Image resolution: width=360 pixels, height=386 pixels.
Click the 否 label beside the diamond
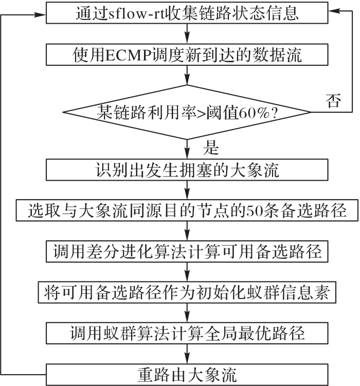333,100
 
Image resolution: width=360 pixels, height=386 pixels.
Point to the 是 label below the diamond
211,148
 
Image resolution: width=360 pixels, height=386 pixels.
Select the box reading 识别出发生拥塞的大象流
187,170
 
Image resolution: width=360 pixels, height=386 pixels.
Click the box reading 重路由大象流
187,375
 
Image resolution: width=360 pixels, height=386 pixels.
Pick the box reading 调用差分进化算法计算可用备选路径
187,252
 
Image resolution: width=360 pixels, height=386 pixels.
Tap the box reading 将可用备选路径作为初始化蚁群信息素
187,292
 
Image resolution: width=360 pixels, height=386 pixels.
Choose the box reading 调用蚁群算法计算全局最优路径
187,334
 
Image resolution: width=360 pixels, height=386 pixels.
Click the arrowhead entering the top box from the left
40,15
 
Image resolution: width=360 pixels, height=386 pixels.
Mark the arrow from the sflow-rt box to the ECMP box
187,34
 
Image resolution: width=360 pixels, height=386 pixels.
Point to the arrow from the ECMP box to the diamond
187,75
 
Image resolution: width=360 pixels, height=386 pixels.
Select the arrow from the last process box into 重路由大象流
187,354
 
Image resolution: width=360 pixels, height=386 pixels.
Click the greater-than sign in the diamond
201,113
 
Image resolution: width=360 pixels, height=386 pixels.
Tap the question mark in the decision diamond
275,113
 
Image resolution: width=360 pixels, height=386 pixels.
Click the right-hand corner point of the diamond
311,112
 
